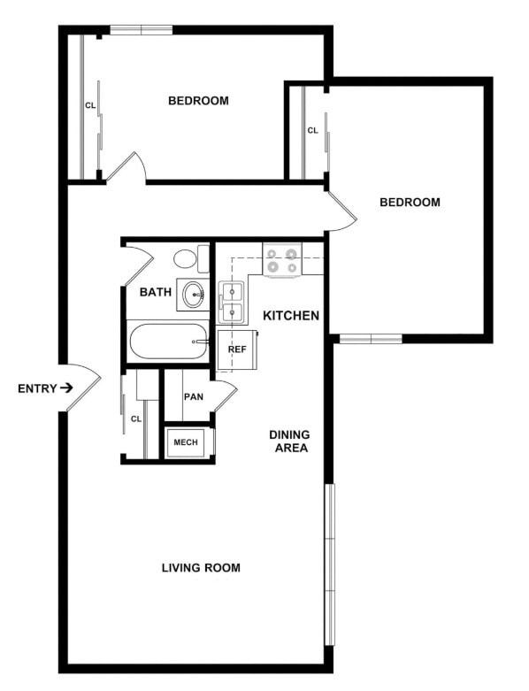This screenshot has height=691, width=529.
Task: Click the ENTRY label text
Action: point(36,388)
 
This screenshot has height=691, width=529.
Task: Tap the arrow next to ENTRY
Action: point(66,388)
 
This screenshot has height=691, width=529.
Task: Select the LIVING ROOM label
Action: point(201,568)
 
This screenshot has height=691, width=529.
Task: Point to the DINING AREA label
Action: point(289,441)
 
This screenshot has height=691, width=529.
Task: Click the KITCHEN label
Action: point(291,315)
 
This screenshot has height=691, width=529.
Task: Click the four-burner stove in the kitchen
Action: point(283,260)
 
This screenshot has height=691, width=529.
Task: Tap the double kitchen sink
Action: point(232,302)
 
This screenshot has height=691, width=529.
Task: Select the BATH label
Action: point(155,291)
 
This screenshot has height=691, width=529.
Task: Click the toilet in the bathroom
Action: point(187,259)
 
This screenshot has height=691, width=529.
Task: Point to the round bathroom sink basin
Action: point(191,294)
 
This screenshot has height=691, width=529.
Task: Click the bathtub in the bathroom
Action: point(169,342)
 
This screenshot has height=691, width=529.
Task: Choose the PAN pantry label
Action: point(194,396)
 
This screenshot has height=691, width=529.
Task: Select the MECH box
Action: point(185,442)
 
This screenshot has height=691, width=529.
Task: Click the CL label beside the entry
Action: point(136,418)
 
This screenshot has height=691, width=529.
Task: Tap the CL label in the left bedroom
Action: point(90,105)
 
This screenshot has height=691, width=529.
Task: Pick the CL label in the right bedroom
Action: point(312,131)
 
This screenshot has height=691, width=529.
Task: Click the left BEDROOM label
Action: point(198,101)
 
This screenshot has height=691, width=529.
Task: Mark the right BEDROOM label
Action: point(410,203)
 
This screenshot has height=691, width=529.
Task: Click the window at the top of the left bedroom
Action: point(141,31)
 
